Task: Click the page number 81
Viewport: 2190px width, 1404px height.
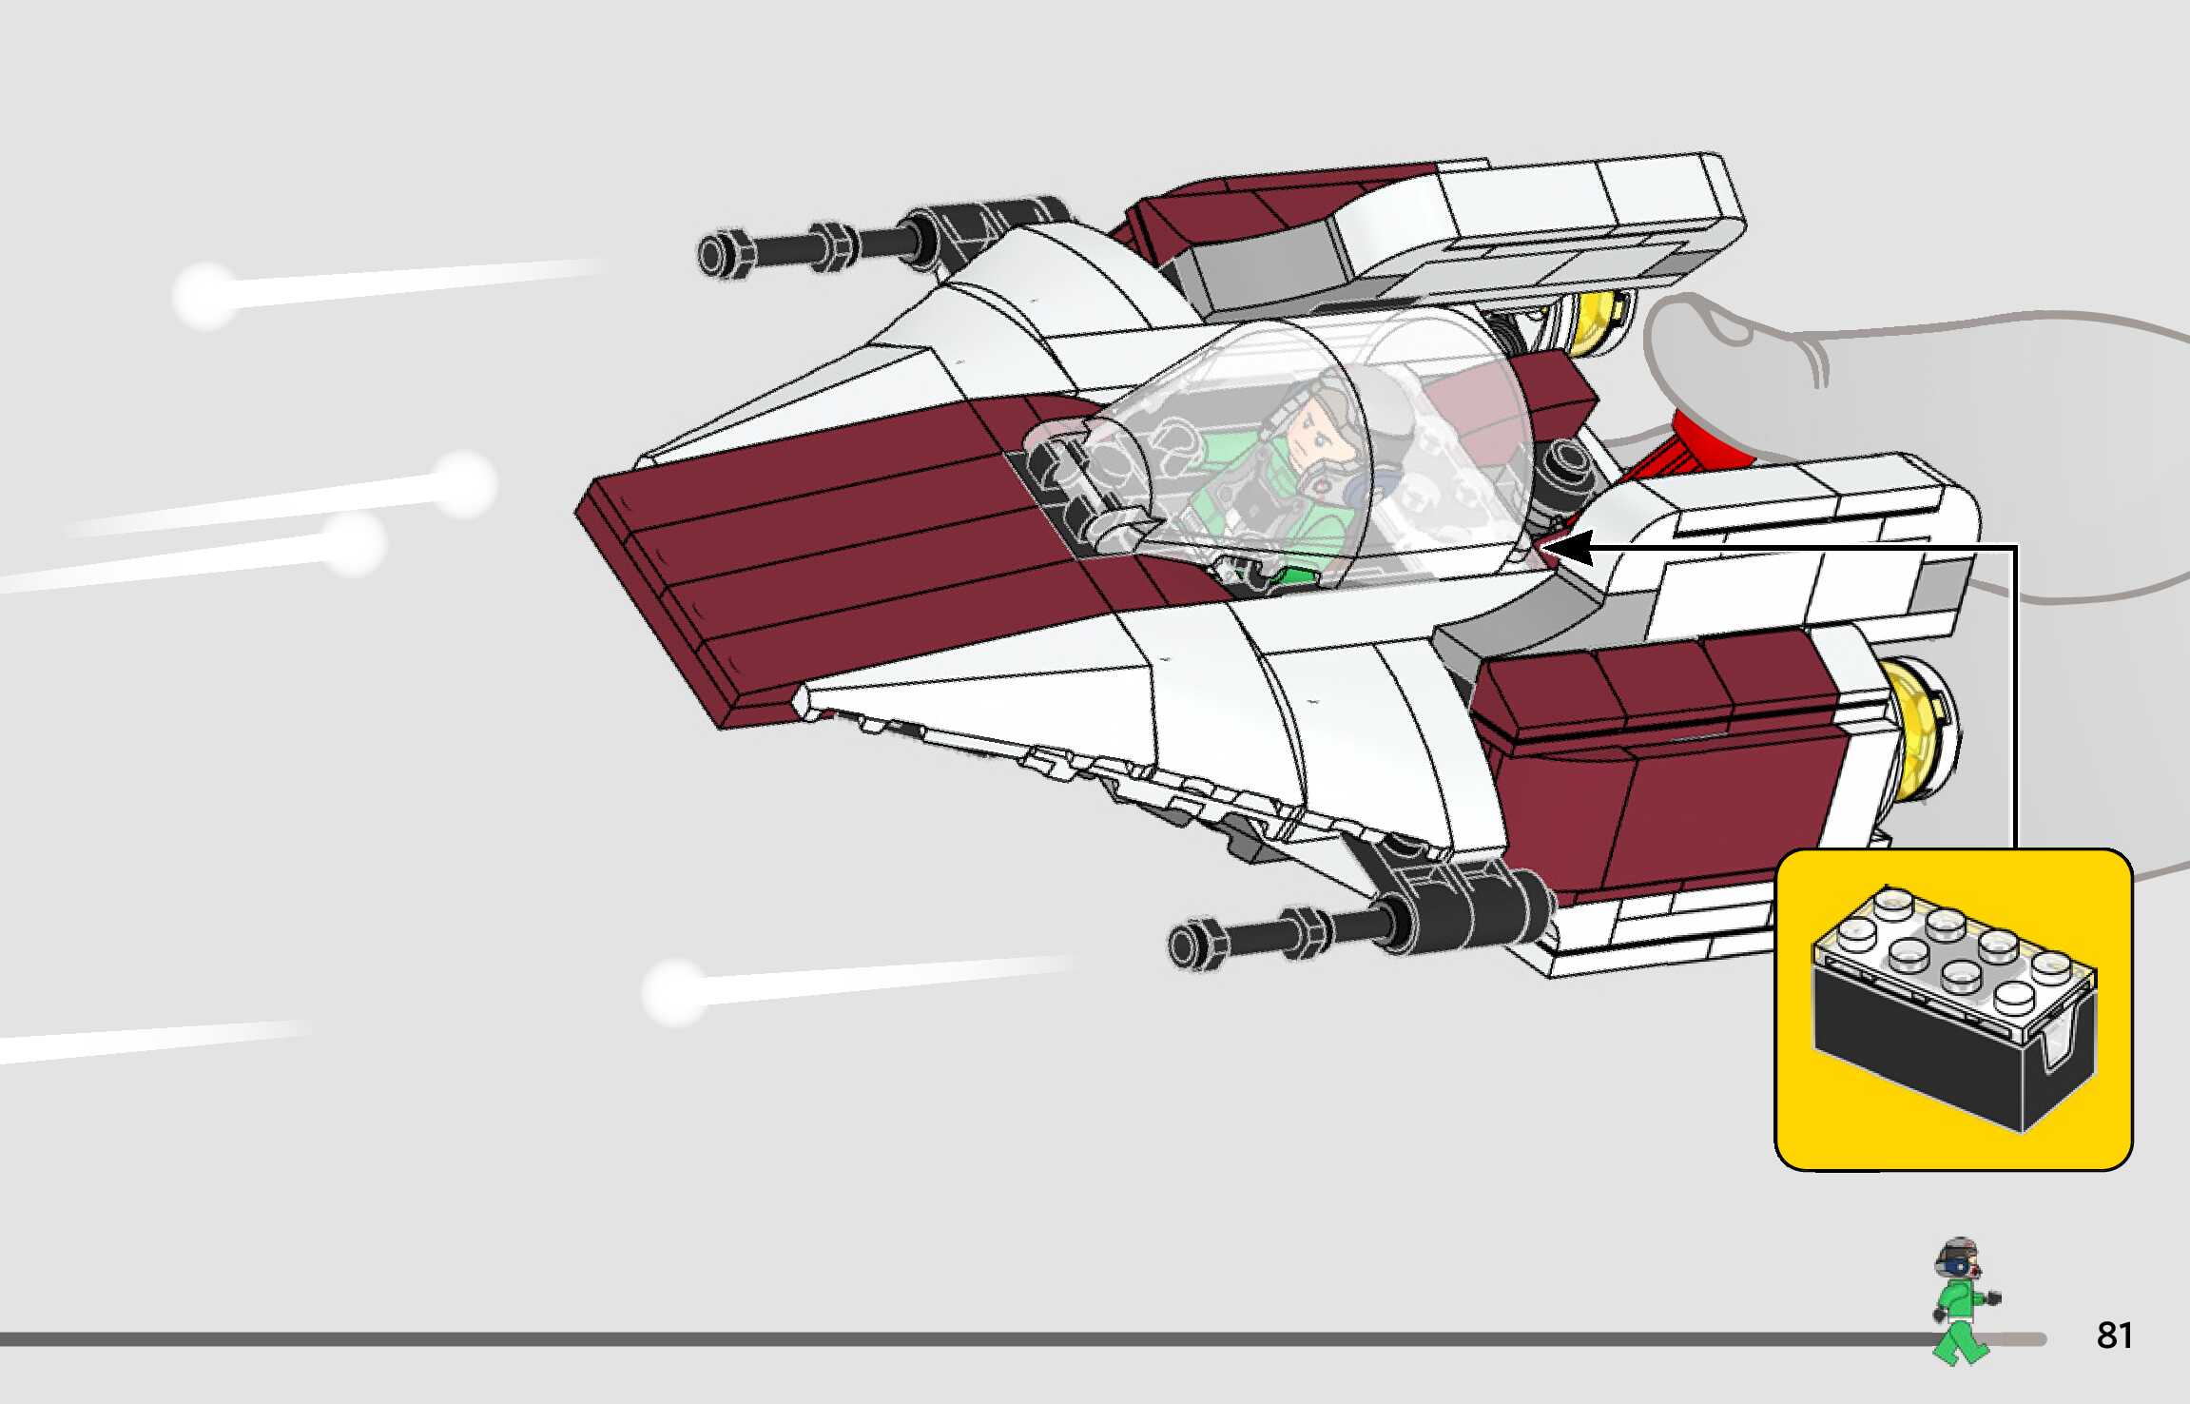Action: [x=2114, y=1336]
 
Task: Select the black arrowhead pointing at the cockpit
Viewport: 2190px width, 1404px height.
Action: [x=1566, y=549]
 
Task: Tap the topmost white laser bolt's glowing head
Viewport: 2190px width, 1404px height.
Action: [x=204, y=295]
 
